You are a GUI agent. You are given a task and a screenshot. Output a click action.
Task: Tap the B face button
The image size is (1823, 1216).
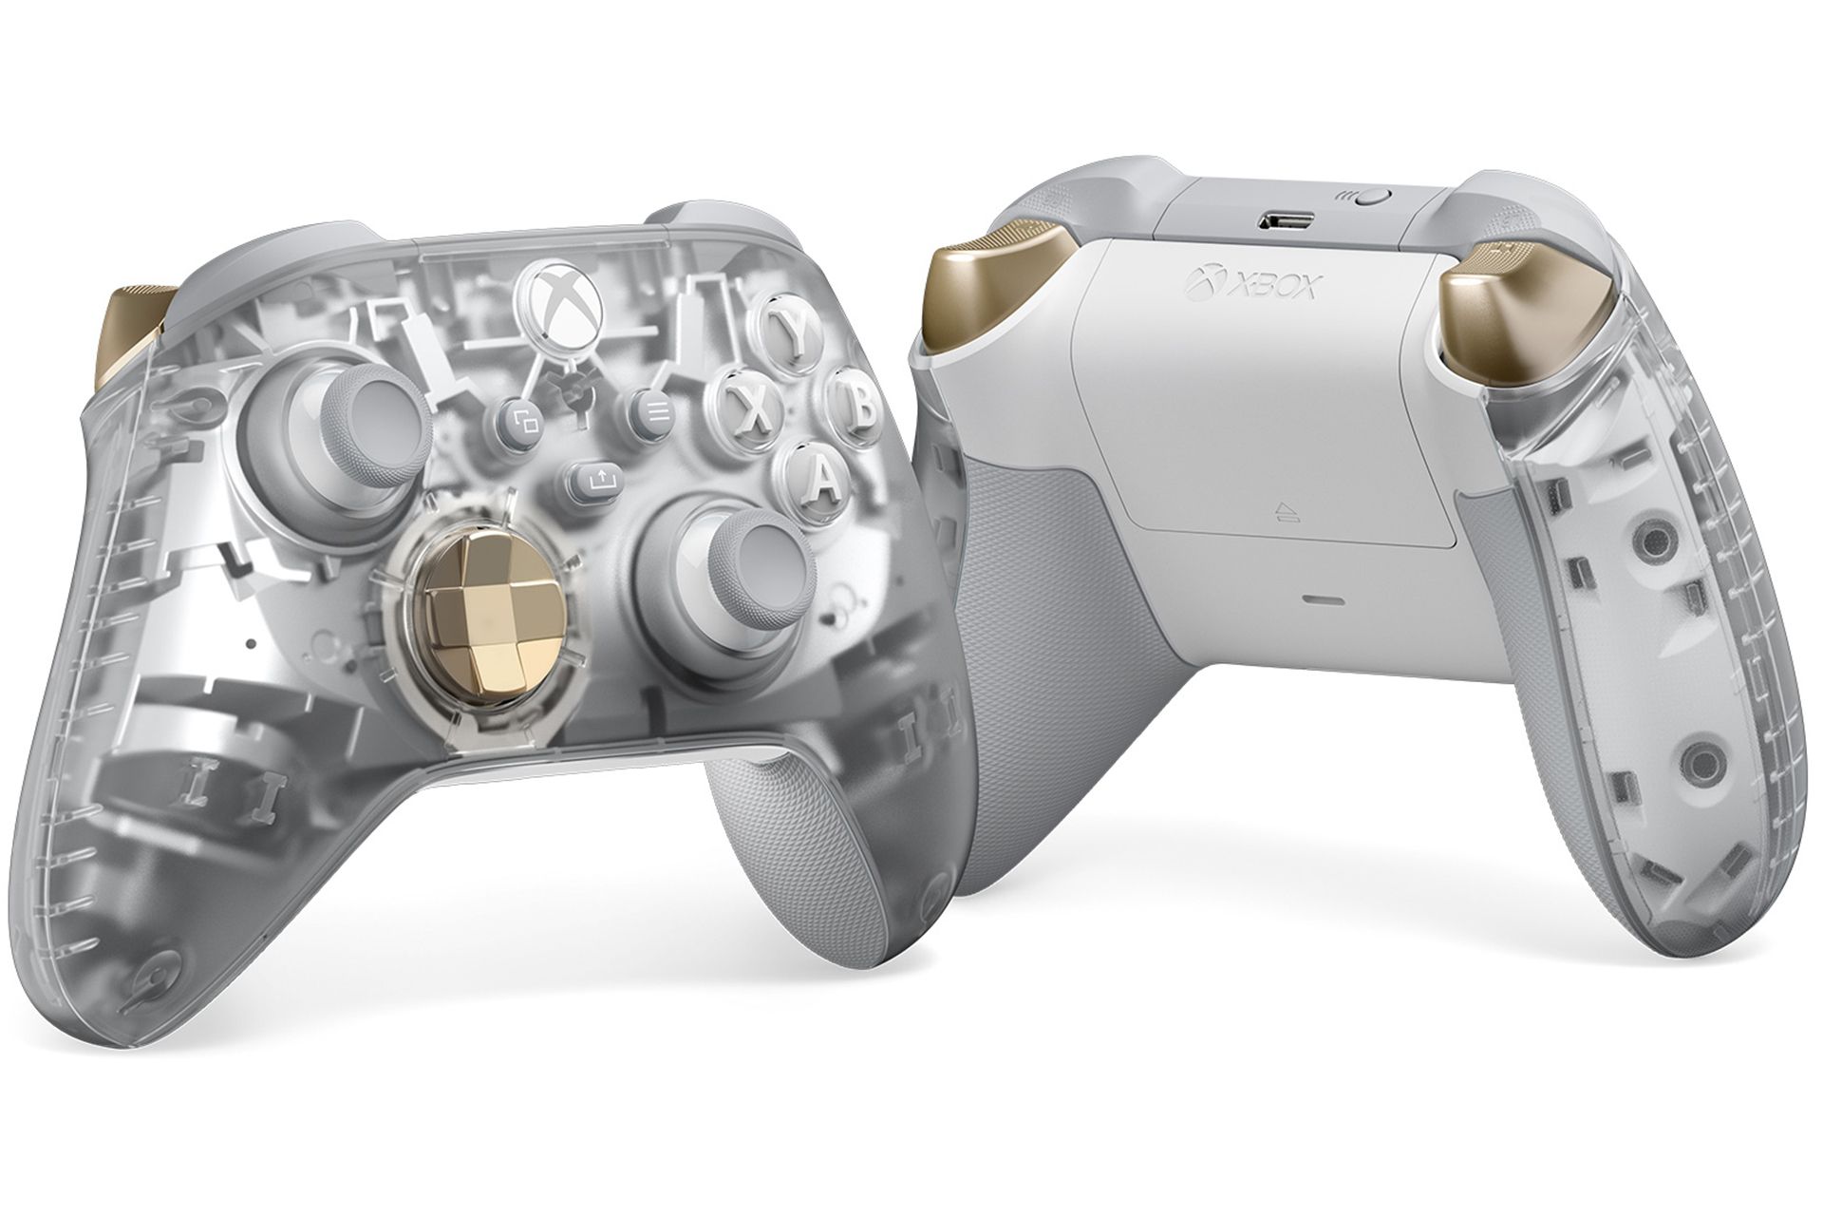point(855,403)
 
